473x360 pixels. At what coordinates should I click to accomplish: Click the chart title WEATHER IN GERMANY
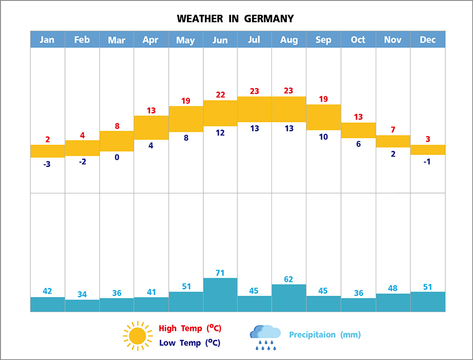[x=235, y=19]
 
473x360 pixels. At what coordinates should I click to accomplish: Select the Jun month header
[x=220, y=40]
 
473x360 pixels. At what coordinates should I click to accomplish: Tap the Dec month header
[x=427, y=40]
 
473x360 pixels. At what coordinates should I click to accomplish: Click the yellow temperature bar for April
[x=151, y=128]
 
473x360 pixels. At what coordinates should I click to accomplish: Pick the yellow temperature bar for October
[x=358, y=130]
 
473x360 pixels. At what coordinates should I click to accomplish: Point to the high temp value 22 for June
[x=220, y=95]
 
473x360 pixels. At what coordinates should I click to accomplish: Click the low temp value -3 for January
[x=47, y=164]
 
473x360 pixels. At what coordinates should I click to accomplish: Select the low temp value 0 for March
[x=117, y=157]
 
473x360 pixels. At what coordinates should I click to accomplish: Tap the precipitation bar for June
[x=220, y=295]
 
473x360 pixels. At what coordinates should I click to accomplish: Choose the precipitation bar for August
[x=289, y=298]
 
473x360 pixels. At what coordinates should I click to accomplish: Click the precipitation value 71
[x=220, y=273]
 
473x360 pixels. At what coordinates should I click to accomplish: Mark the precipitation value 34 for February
[x=82, y=294]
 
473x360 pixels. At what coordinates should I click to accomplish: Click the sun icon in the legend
[x=137, y=336]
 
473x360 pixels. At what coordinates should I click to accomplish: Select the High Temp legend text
[x=190, y=328]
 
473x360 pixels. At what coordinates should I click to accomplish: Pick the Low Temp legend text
[x=189, y=343]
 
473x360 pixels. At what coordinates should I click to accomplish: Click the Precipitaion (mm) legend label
[x=325, y=334]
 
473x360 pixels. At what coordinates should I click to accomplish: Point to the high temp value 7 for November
[x=393, y=130]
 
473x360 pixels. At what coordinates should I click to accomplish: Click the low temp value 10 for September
[x=323, y=137]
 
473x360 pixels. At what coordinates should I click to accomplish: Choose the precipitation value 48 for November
[x=393, y=288]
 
